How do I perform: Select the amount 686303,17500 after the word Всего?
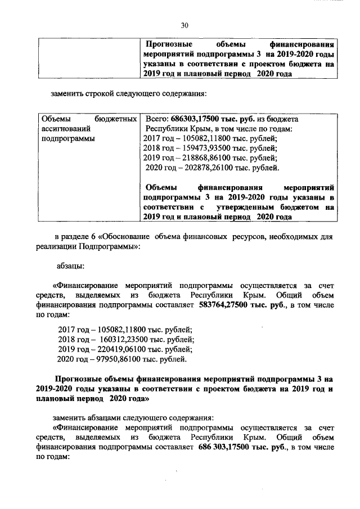point(194,119)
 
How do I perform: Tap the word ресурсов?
point(245,237)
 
